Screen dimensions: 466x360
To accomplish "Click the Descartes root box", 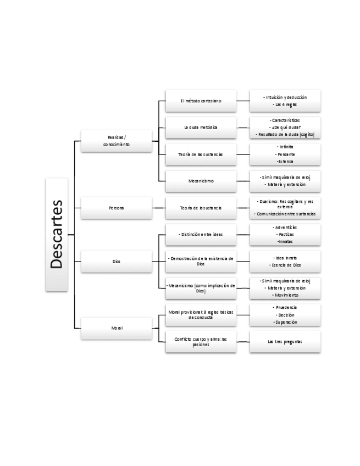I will click(57, 235).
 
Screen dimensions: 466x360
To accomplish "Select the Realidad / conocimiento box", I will click(116, 141).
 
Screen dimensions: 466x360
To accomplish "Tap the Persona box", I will click(116, 208).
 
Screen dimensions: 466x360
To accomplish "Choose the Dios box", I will click(116, 262).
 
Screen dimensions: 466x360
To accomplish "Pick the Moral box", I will click(116, 328).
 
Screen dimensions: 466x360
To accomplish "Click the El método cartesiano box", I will click(201, 101).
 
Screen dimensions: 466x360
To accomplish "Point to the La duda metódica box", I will click(201, 127).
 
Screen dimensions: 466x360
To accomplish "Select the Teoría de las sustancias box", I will click(201, 154).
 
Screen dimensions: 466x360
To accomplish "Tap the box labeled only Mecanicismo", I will click(201, 181).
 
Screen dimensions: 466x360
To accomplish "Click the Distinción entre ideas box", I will click(201, 235).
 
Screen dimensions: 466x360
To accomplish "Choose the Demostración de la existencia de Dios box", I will click(201, 261).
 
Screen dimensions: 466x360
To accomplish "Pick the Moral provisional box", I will click(201, 314).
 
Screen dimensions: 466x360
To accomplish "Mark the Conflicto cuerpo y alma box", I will click(201, 341).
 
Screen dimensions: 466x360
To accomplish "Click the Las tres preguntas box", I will click(285, 341).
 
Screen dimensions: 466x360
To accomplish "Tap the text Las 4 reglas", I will click(285, 104).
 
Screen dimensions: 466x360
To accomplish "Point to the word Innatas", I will click(285, 241).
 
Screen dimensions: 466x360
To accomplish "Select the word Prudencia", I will click(285, 308).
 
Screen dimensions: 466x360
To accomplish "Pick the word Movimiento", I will click(285, 295).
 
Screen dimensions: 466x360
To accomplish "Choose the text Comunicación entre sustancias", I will click(285, 214).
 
